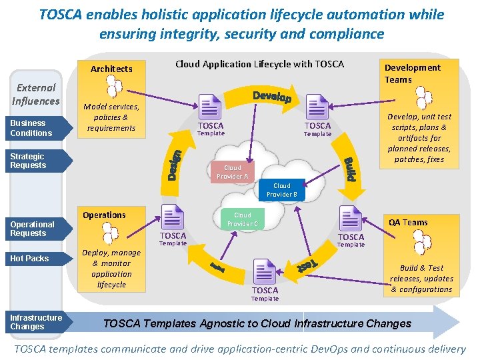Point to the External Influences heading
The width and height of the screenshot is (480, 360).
(36, 94)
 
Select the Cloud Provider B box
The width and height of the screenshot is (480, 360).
(282, 190)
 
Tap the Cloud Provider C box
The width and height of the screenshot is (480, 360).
(243, 219)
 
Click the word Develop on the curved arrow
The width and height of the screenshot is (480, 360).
(272, 97)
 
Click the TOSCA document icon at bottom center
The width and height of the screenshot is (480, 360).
(265, 271)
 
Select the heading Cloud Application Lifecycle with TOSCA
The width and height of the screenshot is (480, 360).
(259, 64)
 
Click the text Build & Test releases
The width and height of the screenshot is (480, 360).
(421, 273)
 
